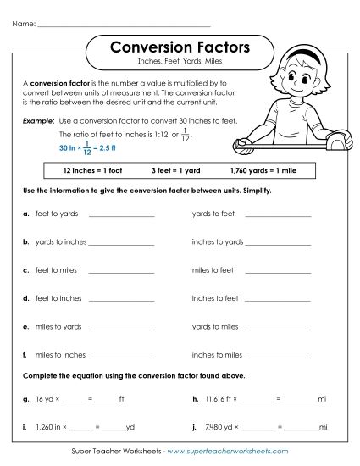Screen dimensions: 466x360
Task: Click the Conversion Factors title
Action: (180, 48)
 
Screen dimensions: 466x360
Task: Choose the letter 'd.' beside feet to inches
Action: (27, 298)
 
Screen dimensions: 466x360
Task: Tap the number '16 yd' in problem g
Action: (44, 398)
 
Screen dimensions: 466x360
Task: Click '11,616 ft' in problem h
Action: (223, 398)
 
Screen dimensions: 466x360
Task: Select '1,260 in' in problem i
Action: (49, 427)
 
